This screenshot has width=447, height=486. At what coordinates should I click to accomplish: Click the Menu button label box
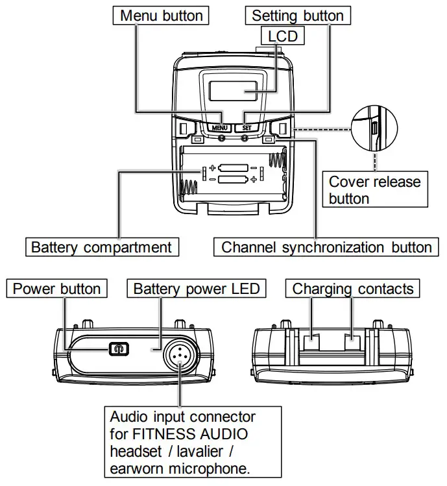click(162, 15)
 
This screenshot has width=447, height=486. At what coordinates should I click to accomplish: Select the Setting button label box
click(297, 15)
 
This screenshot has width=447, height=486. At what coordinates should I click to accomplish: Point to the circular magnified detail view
click(374, 128)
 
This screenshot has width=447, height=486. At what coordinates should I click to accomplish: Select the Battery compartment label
click(102, 247)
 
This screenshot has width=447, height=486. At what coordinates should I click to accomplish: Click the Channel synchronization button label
click(326, 247)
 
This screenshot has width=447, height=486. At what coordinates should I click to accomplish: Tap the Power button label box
click(57, 289)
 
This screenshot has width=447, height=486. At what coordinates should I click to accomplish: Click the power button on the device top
click(117, 349)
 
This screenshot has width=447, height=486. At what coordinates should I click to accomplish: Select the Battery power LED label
click(196, 289)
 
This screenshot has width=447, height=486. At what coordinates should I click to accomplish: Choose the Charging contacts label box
click(353, 289)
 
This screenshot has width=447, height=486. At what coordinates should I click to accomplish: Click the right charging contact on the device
click(352, 337)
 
